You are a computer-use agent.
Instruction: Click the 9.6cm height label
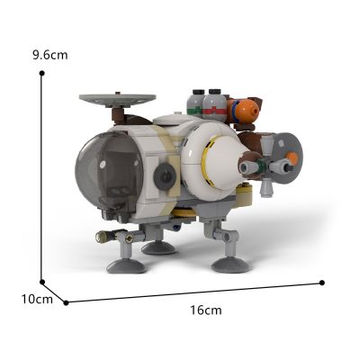(50, 55)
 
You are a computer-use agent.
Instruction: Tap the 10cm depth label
(37, 299)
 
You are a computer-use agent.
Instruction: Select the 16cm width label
(206, 310)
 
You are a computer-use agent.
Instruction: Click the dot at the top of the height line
(42, 73)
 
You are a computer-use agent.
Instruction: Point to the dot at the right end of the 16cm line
(322, 283)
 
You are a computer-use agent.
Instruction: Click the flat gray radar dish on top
(118, 100)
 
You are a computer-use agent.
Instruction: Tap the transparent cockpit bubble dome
(109, 170)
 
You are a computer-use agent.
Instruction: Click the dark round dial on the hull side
(165, 177)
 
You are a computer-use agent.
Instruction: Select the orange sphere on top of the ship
(247, 110)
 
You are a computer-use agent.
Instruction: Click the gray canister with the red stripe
(215, 105)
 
